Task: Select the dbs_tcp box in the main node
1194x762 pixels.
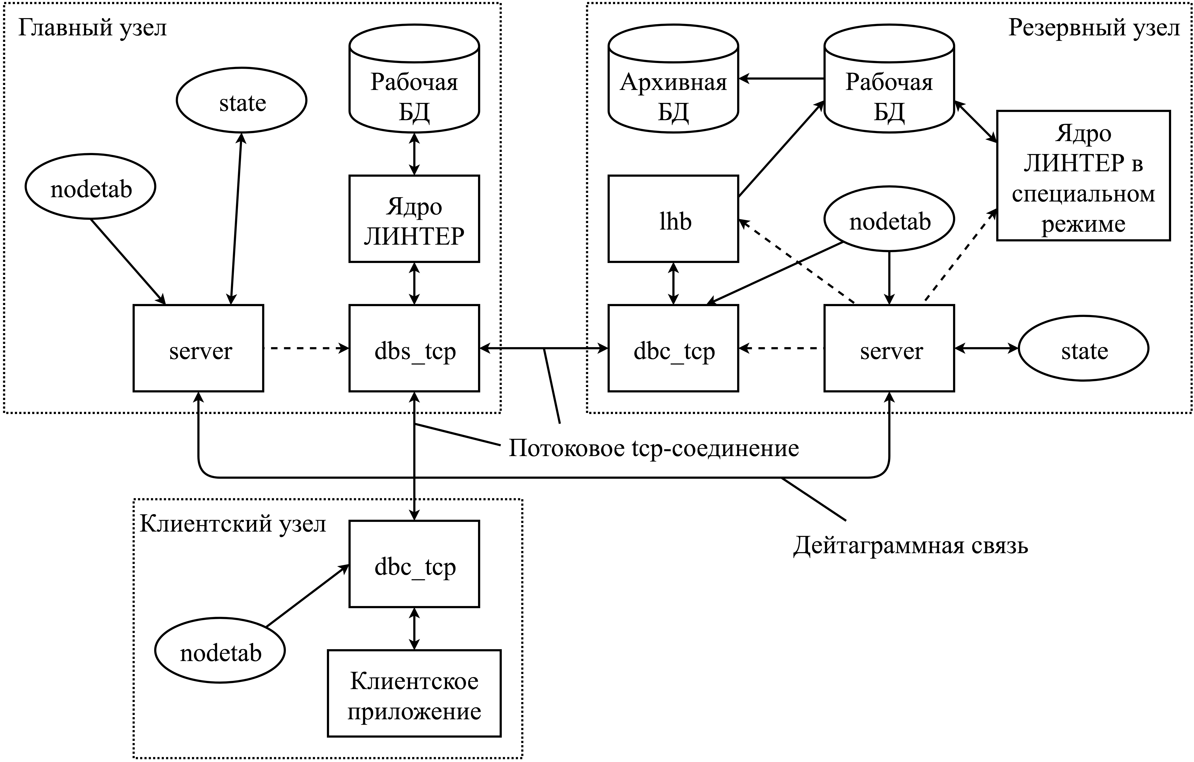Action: tap(414, 348)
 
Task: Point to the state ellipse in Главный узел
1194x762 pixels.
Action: tap(241, 101)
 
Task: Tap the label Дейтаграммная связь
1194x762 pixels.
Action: tap(910, 545)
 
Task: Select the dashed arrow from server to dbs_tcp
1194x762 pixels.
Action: tap(306, 348)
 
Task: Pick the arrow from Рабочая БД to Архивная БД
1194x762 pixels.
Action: tap(781, 78)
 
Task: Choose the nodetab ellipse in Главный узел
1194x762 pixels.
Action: tap(91, 187)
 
